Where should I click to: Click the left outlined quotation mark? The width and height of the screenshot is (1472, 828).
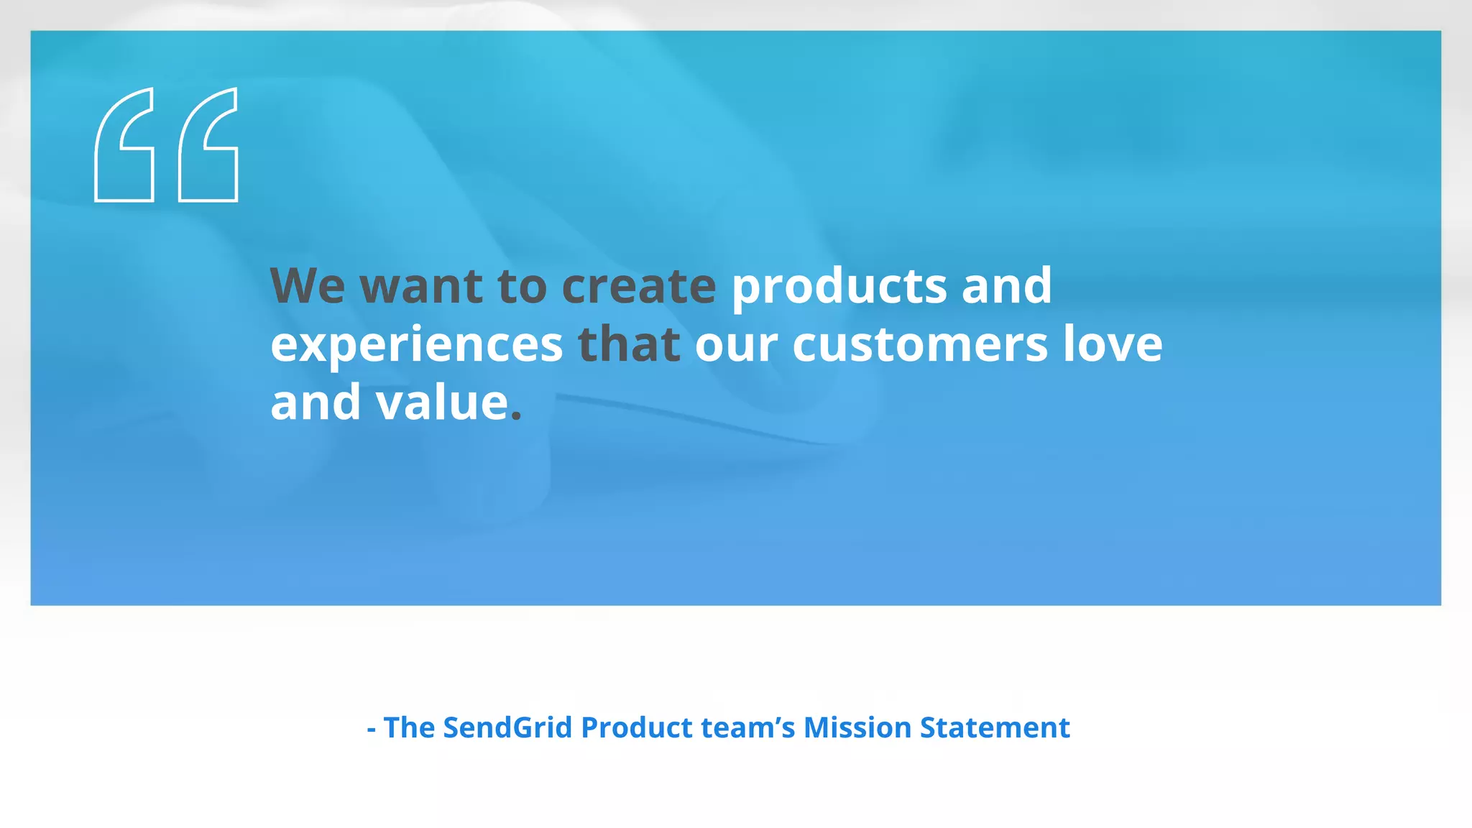click(124, 144)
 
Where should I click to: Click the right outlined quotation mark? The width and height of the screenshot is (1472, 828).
click(208, 144)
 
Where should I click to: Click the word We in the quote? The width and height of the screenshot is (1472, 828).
click(307, 286)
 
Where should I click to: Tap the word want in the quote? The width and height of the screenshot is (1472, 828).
click(420, 286)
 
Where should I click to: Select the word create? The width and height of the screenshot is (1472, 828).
click(638, 286)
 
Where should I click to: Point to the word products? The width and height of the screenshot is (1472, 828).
click(839, 286)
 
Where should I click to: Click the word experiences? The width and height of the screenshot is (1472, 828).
click(416, 345)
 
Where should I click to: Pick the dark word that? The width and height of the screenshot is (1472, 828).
click(629, 344)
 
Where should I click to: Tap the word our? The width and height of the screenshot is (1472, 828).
click(736, 345)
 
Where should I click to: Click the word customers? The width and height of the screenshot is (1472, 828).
click(920, 345)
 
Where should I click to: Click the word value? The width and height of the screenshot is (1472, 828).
click(442, 402)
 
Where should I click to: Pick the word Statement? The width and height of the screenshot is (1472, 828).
click(995, 727)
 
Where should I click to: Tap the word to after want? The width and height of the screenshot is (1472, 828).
click(522, 286)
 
